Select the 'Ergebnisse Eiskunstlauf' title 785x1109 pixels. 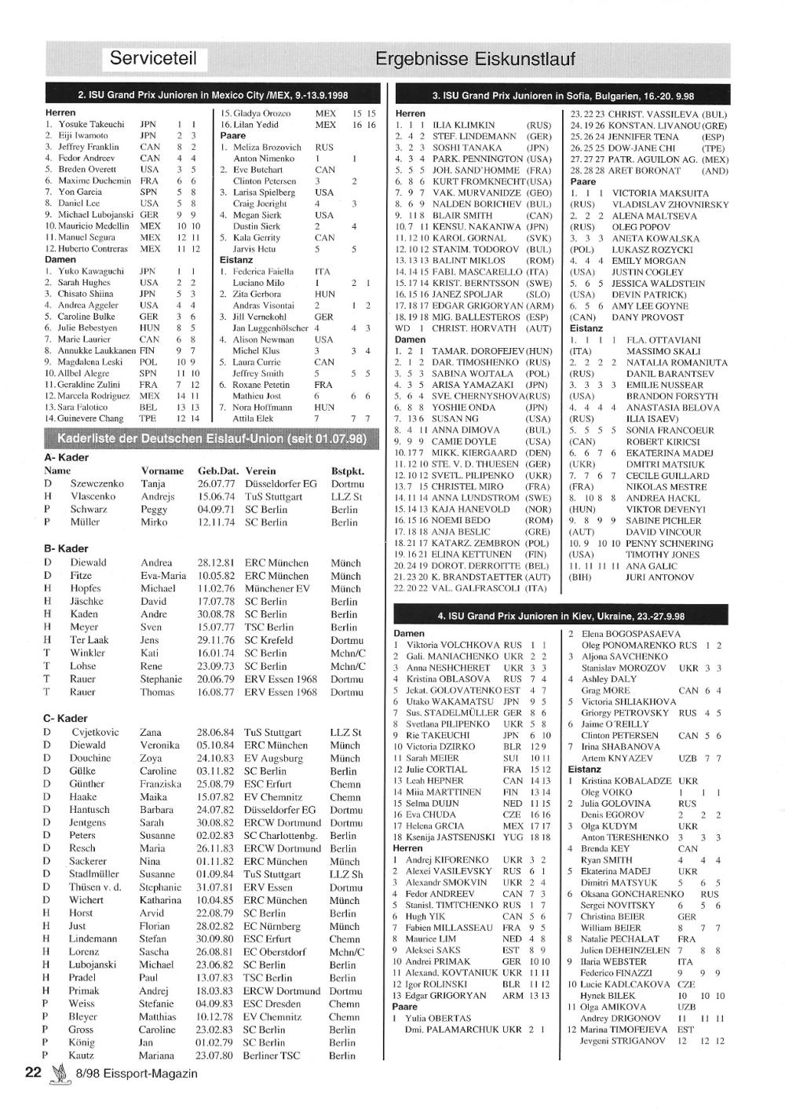click(475, 59)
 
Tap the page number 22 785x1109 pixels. click(33, 1073)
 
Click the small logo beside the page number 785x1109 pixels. click(57, 1074)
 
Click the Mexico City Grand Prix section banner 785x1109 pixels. click(213, 94)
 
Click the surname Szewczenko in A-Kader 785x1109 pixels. click(97, 484)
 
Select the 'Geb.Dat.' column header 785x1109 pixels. click(217, 471)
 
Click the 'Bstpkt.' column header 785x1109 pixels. click(348, 471)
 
